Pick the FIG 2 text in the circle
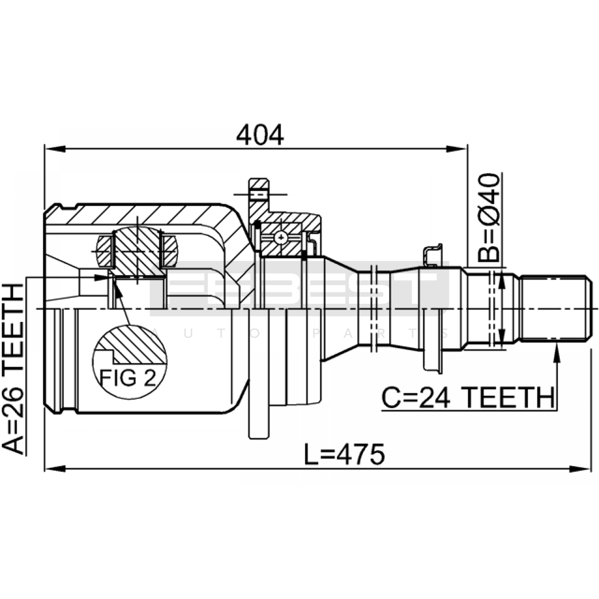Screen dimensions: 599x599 pyautogui.click(x=127, y=378)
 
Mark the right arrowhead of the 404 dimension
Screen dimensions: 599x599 pyautogui.click(x=456, y=149)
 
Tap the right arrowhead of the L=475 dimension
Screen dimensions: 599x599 pyautogui.click(x=580, y=469)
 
